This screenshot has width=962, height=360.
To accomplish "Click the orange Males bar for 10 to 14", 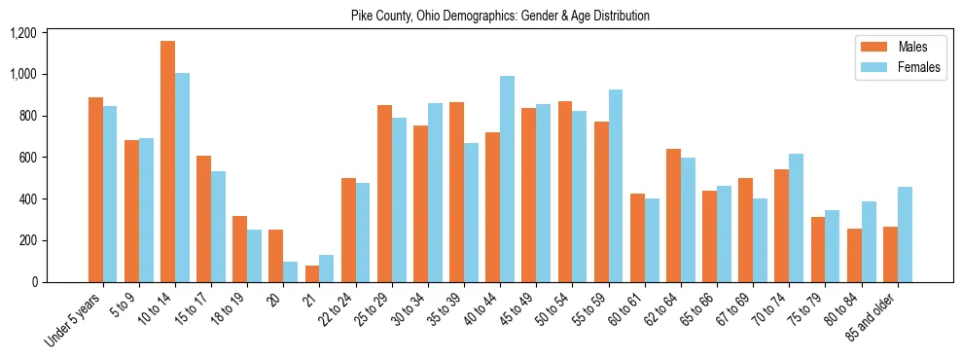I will [167, 162].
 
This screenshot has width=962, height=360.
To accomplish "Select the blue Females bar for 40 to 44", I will [507, 179].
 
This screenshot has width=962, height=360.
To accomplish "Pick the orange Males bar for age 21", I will [312, 273].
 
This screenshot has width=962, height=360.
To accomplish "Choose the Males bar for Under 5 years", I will [95, 190].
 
